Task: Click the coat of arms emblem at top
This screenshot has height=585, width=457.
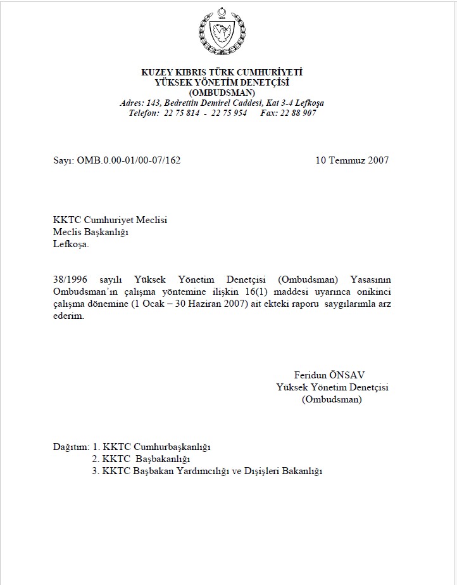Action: [x=222, y=32]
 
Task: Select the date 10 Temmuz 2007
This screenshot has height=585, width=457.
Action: [x=352, y=160]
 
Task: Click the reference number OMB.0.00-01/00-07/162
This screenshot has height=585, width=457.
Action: [x=128, y=160]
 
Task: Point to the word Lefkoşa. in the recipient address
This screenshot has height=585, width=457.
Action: [x=72, y=244]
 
